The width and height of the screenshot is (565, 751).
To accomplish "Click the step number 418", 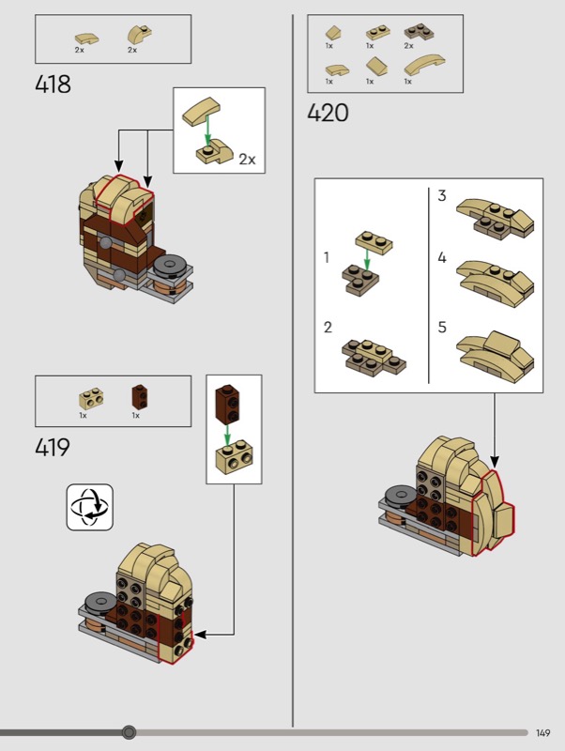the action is (x=53, y=84).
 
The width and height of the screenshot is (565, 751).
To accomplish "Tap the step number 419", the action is (x=53, y=448).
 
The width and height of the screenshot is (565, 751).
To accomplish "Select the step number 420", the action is (x=328, y=113).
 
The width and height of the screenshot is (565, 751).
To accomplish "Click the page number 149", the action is (x=543, y=733).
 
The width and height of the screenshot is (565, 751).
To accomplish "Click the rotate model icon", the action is (x=90, y=507).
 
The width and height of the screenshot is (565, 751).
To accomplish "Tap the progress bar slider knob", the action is (x=129, y=732).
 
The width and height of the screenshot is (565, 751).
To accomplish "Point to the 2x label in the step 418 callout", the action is (x=247, y=159).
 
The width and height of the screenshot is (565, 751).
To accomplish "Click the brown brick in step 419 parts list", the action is (x=139, y=395).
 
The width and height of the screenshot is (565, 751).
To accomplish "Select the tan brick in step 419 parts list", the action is (x=91, y=398).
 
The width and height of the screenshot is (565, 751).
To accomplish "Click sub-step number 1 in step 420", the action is (x=327, y=257).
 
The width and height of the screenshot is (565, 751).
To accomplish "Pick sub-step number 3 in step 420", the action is (x=442, y=195).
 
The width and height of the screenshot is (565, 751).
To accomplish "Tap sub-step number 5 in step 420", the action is (x=442, y=327).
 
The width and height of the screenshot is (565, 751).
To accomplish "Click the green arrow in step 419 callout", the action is (x=227, y=435).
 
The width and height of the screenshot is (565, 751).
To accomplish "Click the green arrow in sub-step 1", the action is (x=367, y=259).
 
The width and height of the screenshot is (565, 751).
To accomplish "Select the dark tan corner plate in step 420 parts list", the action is (x=419, y=31).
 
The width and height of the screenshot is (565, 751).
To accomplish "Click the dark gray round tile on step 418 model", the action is (x=171, y=265).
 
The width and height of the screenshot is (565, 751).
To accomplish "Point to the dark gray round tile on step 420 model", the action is (x=401, y=495).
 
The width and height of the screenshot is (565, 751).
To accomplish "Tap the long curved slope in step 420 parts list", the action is (x=424, y=65).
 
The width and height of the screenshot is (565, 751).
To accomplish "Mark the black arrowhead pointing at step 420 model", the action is (x=495, y=462).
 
